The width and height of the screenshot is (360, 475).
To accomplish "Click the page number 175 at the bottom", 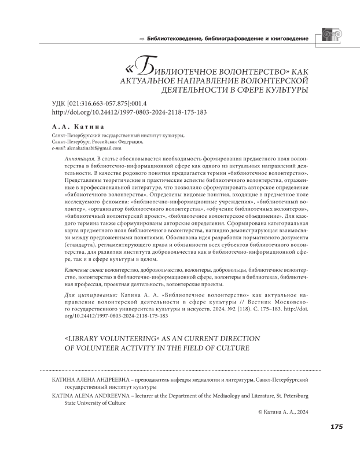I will click(x=336, y=427).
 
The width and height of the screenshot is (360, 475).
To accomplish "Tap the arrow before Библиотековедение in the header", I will click(x=141, y=39).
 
